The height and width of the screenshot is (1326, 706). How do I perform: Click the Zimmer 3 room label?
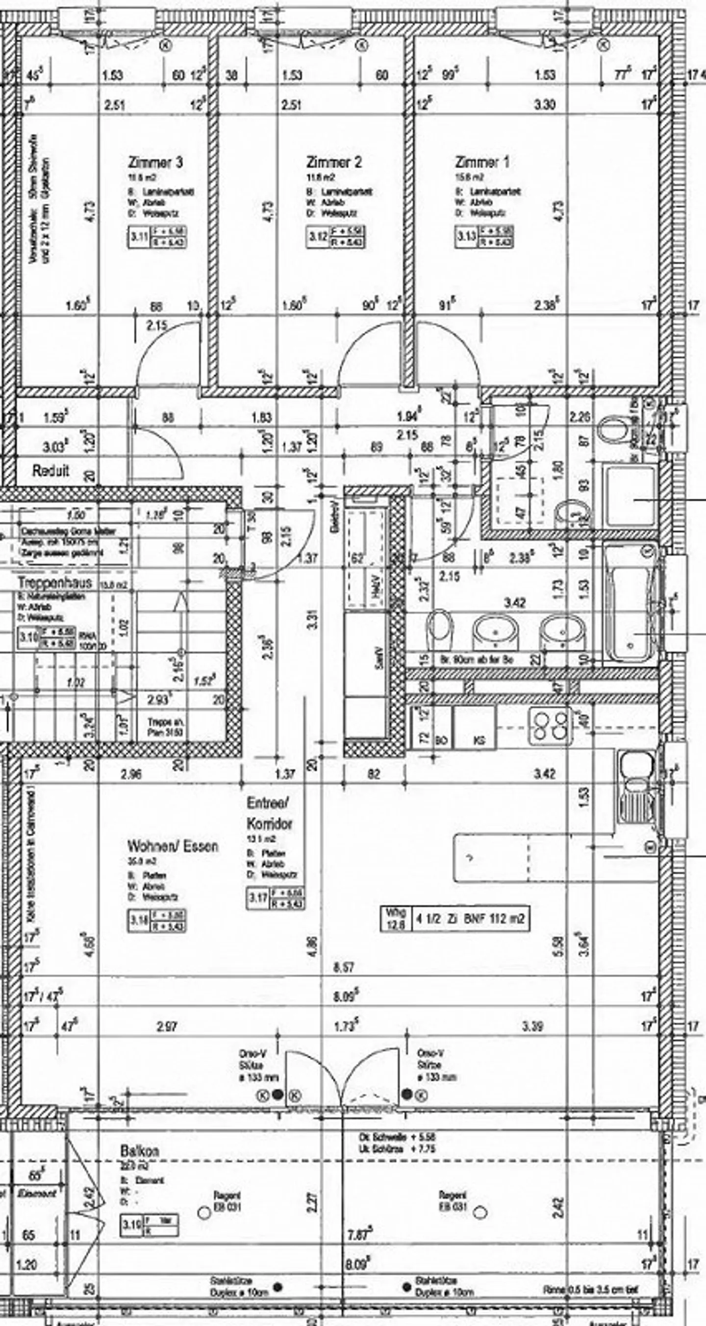(x=154, y=163)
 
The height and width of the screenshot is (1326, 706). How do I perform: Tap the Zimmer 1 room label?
(x=481, y=163)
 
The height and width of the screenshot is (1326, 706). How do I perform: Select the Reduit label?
(x=50, y=470)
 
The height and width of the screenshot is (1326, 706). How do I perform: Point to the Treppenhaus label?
(x=55, y=583)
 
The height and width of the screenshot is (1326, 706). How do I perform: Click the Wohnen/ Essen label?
(x=173, y=846)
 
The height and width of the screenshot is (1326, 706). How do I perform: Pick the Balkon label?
(x=139, y=1151)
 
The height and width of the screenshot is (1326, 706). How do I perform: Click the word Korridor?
(x=269, y=824)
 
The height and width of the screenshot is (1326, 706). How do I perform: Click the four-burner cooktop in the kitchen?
(x=550, y=726)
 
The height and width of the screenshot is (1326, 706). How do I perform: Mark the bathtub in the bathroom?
(x=630, y=602)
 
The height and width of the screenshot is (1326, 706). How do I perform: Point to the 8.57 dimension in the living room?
(x=343, y=967)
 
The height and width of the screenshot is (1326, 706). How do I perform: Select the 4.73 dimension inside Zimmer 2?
(x=271, y=211)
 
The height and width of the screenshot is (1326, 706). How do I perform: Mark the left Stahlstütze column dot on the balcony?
(x=278, y=1286)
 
